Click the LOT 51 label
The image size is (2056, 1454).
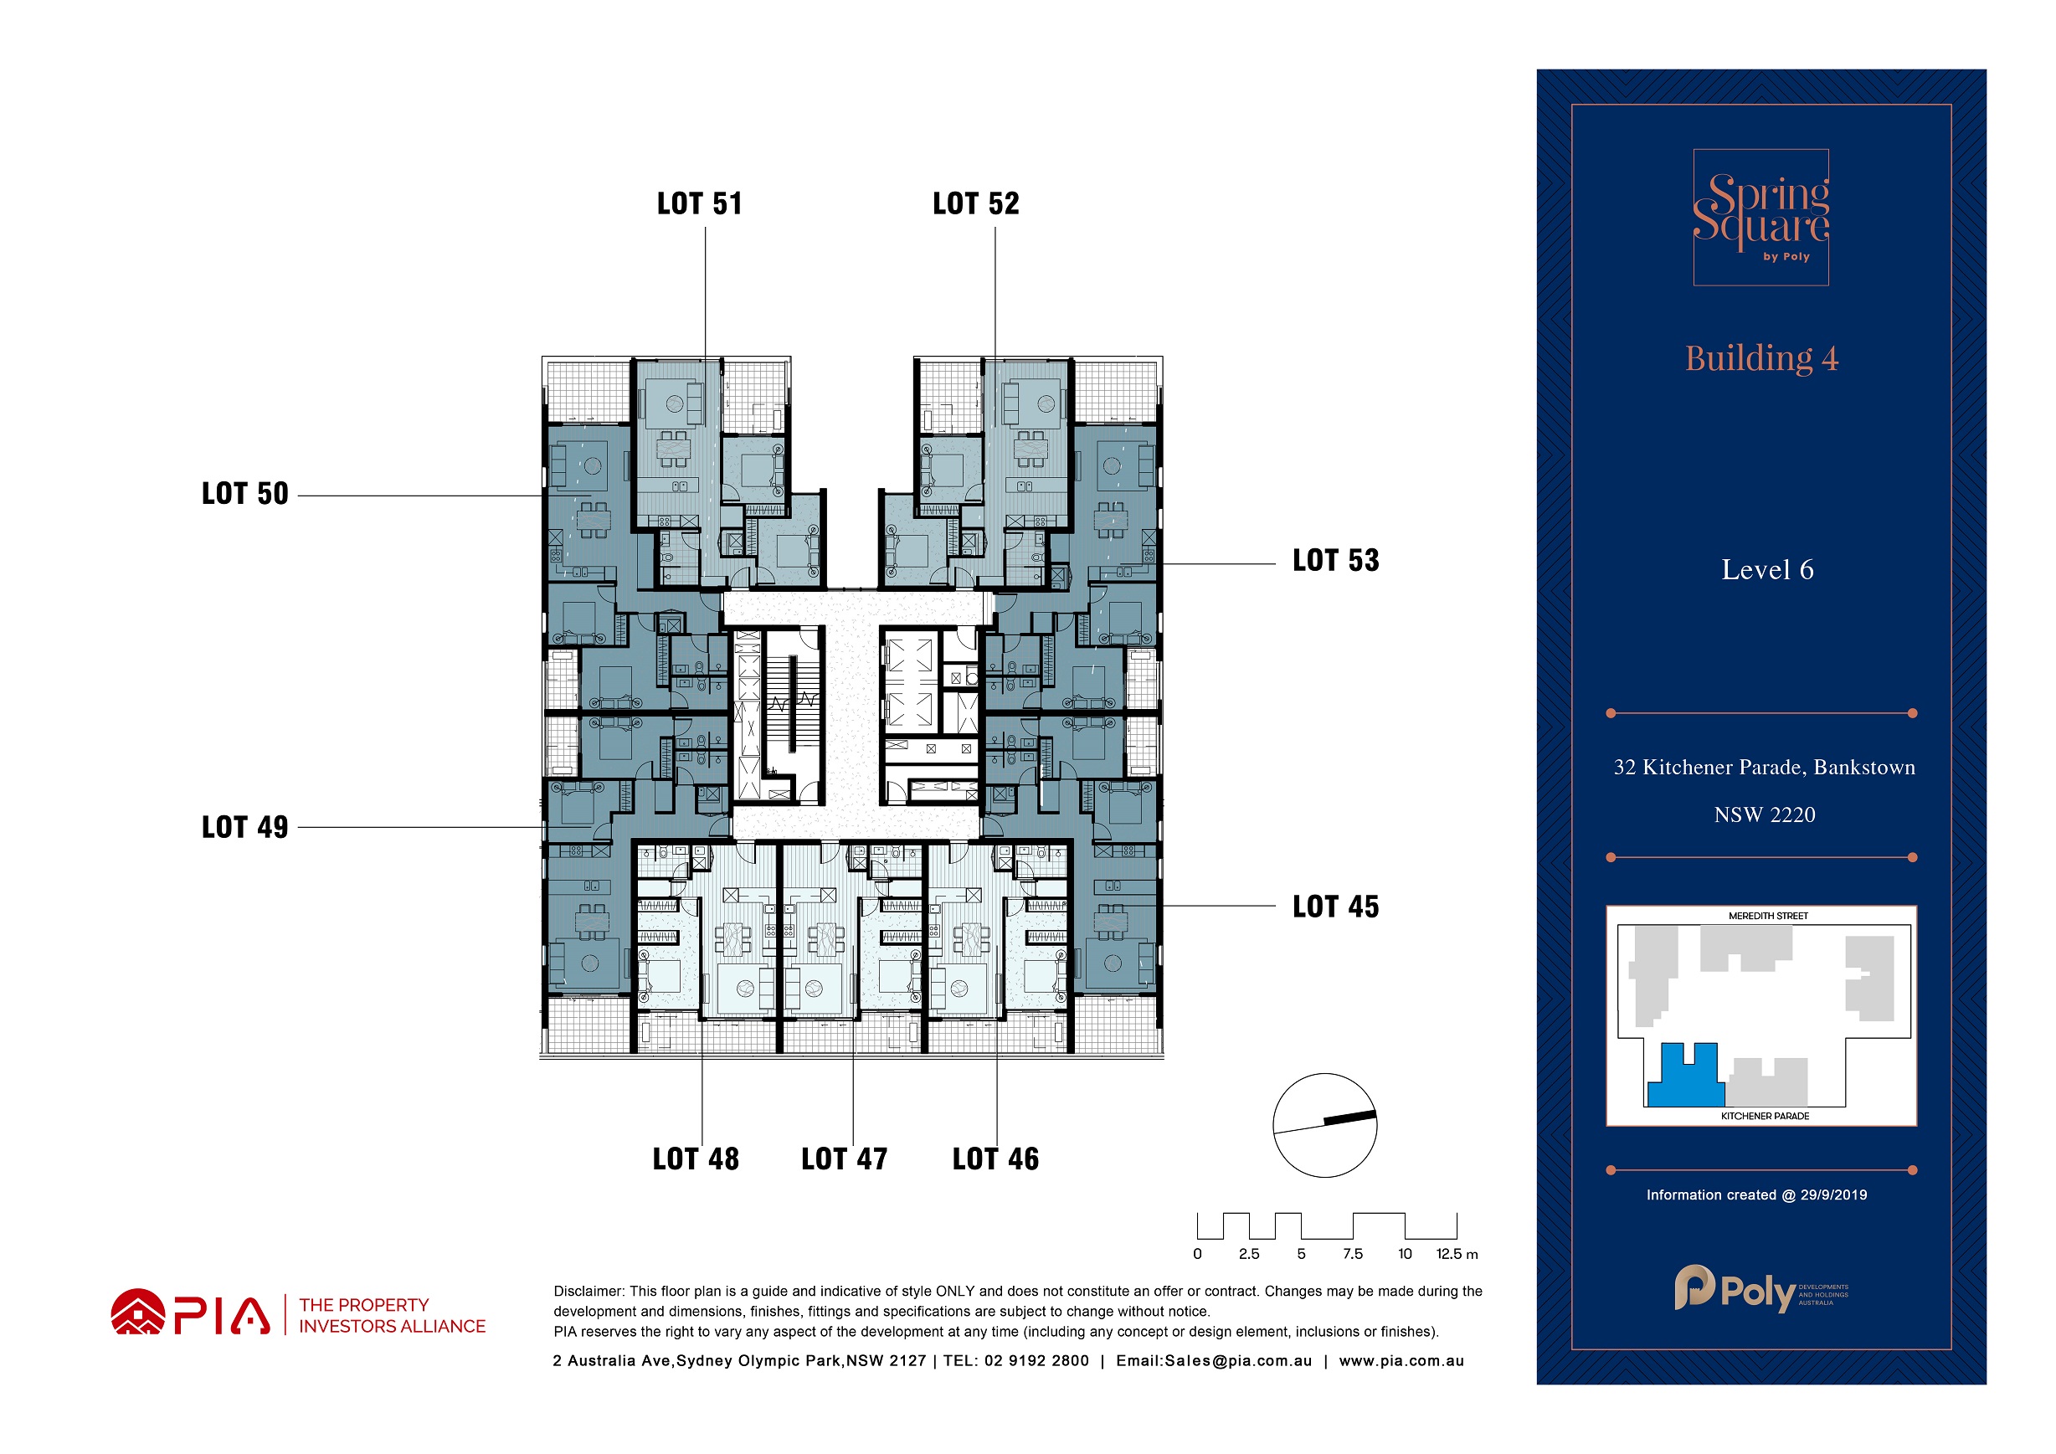click(699, 203)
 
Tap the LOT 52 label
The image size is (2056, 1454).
click(976, 203)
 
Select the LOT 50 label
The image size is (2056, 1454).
click(245, 493)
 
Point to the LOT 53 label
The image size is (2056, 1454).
click(1336, 561)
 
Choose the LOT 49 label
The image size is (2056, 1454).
click(245, 827)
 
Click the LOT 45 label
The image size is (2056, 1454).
click(1336, 907)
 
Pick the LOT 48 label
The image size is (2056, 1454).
click(696, 1159)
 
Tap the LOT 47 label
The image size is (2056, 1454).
click(845, 1159)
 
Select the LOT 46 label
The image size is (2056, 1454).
click(995, 1159)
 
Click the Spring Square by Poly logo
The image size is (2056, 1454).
click(1760, 218)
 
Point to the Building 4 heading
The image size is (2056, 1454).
click(1761, 358)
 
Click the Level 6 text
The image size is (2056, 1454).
click(1766, 569)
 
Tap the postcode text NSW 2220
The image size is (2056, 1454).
click(1764, 814)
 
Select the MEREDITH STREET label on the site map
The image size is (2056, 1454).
click(1768, 916)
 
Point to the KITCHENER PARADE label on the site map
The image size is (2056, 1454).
click(1765, 1116)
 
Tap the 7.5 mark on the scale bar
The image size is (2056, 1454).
click(1352, 1254)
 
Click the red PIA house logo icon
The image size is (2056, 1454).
click(138, 1312)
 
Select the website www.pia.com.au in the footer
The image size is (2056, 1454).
click(1401, 1361)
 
